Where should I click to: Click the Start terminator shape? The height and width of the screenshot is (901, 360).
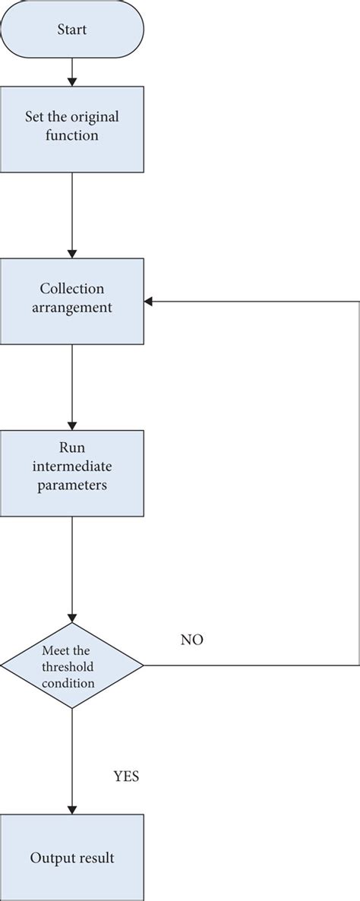72,30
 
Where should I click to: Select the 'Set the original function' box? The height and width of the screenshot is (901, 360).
72,128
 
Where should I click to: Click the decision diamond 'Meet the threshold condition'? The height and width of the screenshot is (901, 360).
72,666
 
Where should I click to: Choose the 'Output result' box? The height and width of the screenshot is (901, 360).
72,858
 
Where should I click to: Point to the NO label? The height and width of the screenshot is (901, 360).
191,640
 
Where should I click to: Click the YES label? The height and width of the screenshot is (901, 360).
127,777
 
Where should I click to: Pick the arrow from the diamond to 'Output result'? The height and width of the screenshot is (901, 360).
72,760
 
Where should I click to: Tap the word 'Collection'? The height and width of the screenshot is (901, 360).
72,290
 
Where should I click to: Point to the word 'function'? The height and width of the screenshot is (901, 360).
72,136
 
